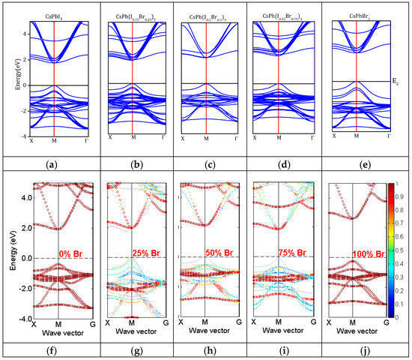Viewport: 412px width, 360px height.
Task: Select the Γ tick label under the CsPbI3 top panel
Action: coord(89,142)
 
